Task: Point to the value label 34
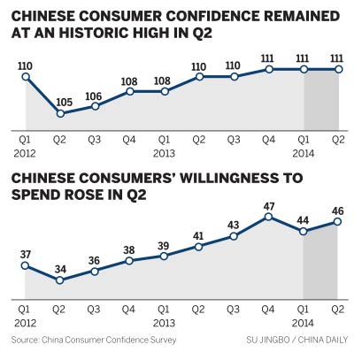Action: (x=60, y=266)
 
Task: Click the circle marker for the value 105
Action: (x=60, y=113)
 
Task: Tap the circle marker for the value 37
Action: (x=26, y=264)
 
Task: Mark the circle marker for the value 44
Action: (x=304, y=231)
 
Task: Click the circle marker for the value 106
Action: (x=95, y=106)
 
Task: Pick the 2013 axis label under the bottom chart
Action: (x=165, y=321)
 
